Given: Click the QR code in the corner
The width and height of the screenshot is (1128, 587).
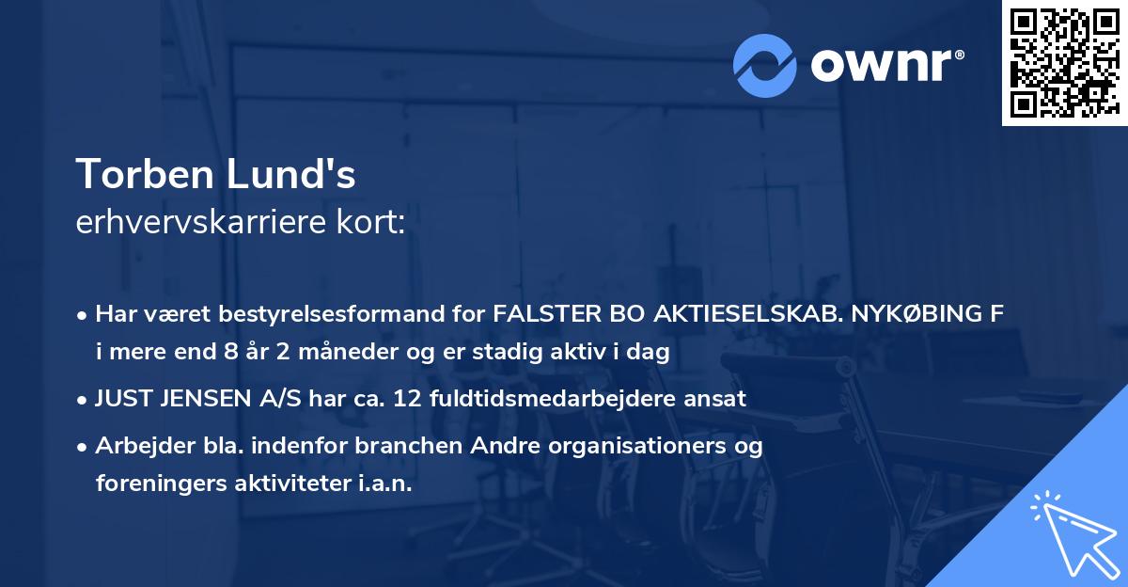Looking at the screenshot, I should click(1063, 62).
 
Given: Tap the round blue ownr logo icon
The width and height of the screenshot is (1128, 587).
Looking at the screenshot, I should click(765, 65).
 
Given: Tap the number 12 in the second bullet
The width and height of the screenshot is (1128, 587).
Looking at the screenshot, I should click(406, 399).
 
